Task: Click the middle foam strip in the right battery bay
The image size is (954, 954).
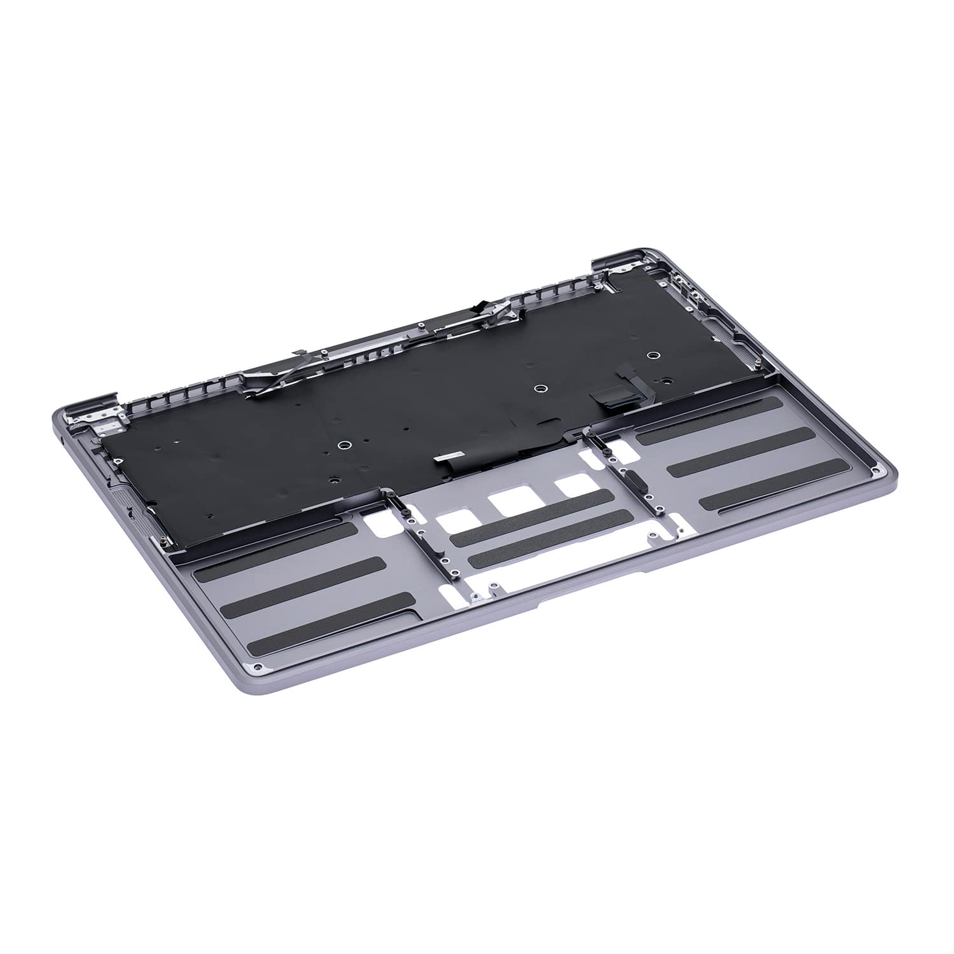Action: coord(742,448)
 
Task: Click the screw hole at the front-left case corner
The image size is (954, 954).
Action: coord(257,667)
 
